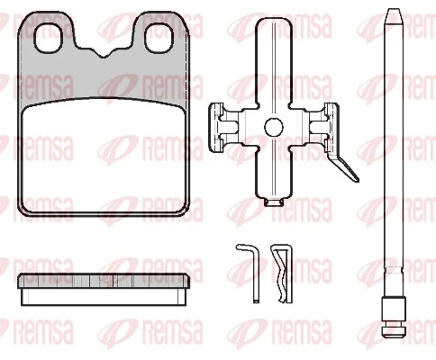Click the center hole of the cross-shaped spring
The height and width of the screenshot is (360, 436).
click(274, 127)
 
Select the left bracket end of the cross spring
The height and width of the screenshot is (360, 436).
click(222, 127)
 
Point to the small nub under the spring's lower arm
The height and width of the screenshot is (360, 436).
click(274, 199)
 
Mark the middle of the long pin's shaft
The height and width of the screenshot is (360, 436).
click(394, 162)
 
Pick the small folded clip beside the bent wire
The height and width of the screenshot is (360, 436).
click(282, 270)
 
